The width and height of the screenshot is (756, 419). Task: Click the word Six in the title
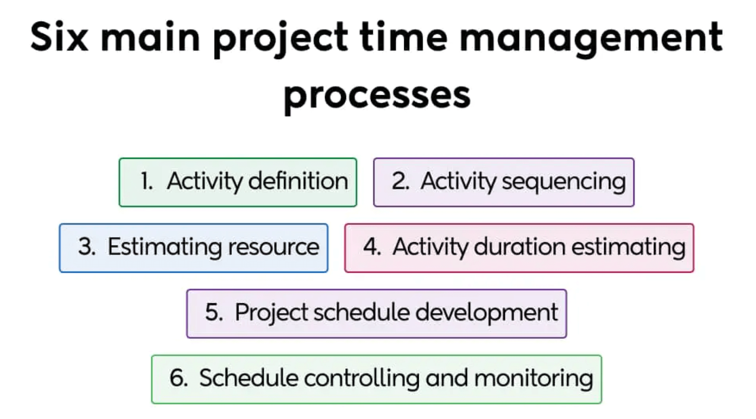coord(59,37)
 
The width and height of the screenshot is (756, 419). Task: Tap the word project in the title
coord(280,38)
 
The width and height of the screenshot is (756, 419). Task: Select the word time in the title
coord(403,37)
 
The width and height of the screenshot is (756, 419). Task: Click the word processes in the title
coord(377,96)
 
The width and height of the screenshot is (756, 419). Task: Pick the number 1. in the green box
coord(147,181)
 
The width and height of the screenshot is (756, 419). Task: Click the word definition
coord(298,181)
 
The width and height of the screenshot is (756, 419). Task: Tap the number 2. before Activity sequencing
coord(400,181)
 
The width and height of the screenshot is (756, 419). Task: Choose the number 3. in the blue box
coord(87,247)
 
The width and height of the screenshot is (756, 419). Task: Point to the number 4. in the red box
coord(372,247)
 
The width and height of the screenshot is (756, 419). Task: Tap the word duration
coord(520,247)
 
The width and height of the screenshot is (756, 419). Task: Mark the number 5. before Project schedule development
coord(214,313)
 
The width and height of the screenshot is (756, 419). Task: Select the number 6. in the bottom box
coord(178,378)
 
